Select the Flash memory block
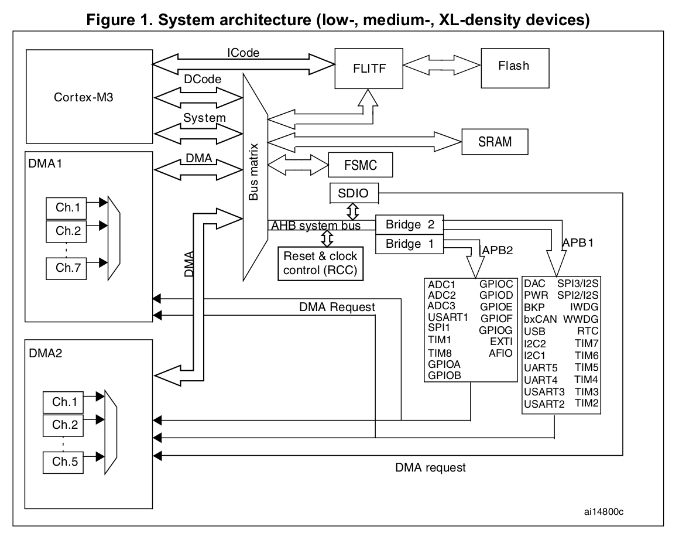pos(513,66)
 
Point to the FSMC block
pos(360,166)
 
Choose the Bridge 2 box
pos(409,225)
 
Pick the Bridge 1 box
pos(409,244)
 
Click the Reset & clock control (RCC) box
pos(320,263)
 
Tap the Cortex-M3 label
pos(80,95)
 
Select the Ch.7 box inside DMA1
pos(67,268)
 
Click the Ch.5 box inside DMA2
pos(63,462)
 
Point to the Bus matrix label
pos(254,176)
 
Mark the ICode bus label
pos(243,52)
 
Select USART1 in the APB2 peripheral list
pos(448,318)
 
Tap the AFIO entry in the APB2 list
pos(500,353)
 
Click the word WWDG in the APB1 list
pos(581,319)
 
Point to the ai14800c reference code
pos(602,511)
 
